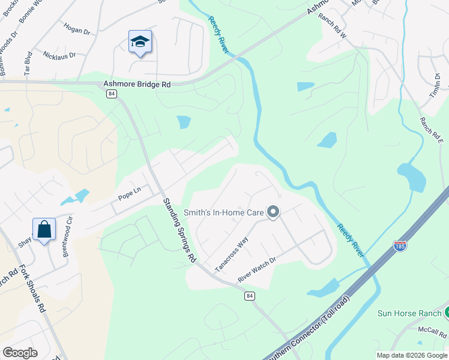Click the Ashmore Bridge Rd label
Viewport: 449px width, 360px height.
tap(137, 85)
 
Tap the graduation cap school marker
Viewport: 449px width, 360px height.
tap(139, 41)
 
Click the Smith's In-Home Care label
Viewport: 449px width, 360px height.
tap(224, 212)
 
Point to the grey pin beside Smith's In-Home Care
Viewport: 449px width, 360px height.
tap(274, 212)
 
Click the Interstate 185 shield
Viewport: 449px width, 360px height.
tap(400, 245)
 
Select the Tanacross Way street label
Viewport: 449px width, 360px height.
tap(232, 254)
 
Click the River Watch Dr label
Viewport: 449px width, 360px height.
tap(256, 270)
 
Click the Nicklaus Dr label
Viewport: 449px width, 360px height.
tap(59, 55)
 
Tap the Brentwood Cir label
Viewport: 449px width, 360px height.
tap(67, 236)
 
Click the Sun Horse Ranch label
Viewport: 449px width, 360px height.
tap(408, 313)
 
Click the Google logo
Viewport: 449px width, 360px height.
tap(20, 353)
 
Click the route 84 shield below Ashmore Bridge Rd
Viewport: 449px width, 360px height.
tap(112, 94)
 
